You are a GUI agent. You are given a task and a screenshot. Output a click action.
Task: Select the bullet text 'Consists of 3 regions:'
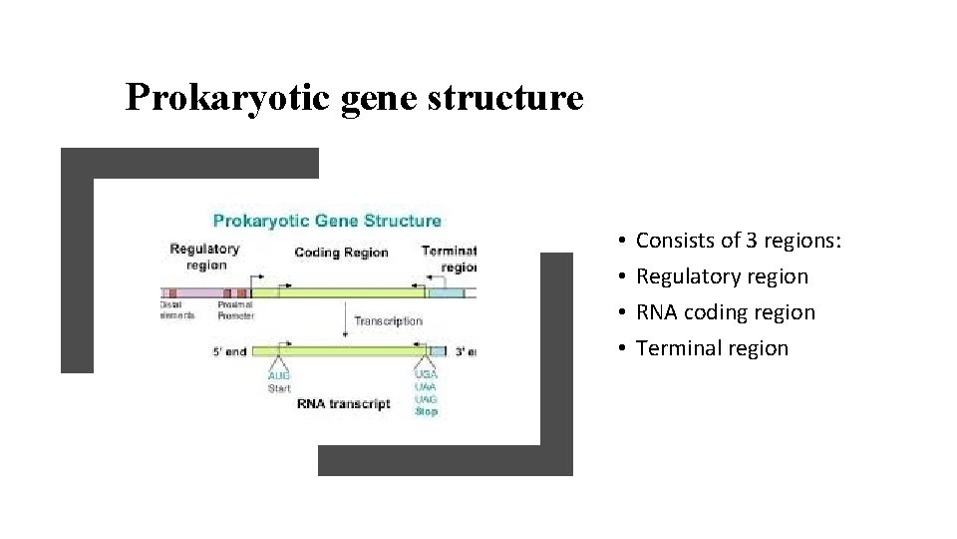(739, 241)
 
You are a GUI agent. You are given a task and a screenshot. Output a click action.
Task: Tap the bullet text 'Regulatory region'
(722, 276)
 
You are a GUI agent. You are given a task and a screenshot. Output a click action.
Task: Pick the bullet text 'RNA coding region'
(725, 312)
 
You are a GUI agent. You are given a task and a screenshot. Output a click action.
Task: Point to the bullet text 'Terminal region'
(712, 348)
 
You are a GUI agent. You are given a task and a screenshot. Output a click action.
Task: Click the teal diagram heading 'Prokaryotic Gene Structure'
(327, 221)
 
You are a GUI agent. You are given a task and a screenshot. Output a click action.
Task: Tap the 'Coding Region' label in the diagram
(341, 253)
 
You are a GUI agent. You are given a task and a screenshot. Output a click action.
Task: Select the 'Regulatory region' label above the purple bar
(204, 257)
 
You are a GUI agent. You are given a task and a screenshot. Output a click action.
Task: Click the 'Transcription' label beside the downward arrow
(388, 321)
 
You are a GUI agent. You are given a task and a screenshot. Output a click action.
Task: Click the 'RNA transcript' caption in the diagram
(343, 404)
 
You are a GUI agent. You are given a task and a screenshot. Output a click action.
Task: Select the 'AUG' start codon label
(279, 376)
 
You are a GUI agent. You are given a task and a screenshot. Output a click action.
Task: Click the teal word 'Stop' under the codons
(426, 411)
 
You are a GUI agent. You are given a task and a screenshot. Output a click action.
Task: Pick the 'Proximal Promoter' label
(236, 310)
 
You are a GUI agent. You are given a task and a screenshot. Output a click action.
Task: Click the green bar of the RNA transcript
(349, 351)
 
